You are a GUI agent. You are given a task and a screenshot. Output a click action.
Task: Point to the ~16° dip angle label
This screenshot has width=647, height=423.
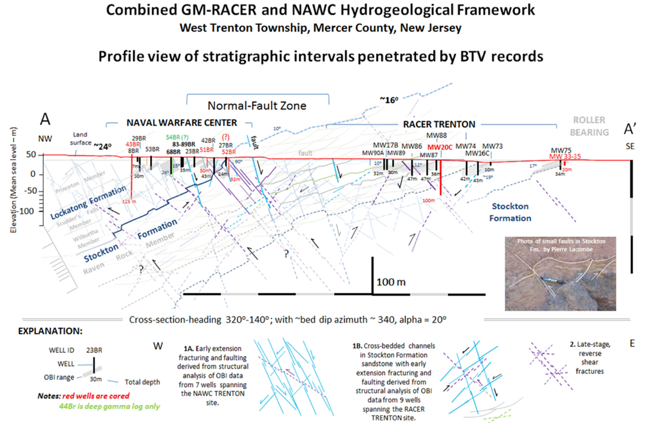coord(388,100)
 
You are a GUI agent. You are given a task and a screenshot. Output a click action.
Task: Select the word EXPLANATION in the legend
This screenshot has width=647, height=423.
coord(50,332)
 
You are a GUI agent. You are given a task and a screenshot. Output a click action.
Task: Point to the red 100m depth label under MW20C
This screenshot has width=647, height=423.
coord(429,200)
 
